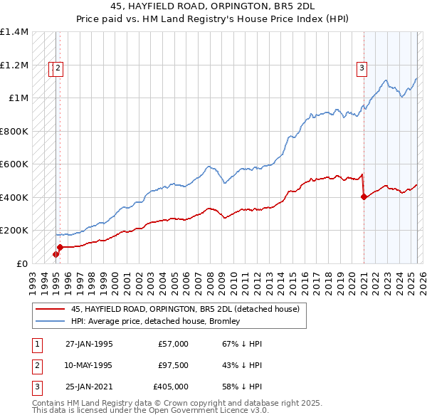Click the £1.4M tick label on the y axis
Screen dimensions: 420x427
pyautogui.click(x=14, y=33)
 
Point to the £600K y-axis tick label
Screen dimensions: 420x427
pyautogui.click(x=14, y=164)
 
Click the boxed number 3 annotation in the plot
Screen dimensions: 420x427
pyautogui.click(x=362, y=68)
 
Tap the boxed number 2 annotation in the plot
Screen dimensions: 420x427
pyautogui.click(x=58, y=68)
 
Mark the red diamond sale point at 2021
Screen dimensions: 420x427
pyautogui.click(x=364, y=197)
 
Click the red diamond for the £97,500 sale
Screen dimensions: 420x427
pyautogui.click(x=60, y=248)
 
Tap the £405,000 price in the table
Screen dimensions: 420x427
pyautogui.click(x=171, y=387)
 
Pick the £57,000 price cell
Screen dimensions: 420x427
pyautogui.click(x=173, y=344)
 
